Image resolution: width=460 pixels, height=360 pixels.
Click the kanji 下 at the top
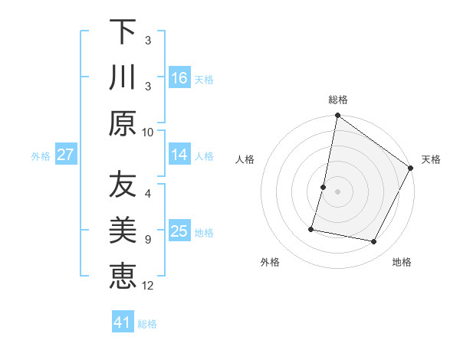[x=123, y=32]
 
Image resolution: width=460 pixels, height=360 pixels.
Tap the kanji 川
[x=123, y=77]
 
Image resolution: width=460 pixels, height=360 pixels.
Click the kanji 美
[x=123, y=231]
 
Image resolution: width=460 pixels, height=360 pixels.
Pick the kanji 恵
[x=123, y=276]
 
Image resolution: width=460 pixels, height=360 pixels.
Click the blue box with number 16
[x=179, y=78]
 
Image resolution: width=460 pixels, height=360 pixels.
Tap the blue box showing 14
[x=179, y=155]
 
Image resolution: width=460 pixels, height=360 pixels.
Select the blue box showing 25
[x=179, y=232]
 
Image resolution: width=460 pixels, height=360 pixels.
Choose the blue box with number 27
[x=65, y=155]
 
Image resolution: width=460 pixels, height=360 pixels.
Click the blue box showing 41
[x=123, y=322]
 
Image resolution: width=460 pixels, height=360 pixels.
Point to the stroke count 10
[x=149, y=131]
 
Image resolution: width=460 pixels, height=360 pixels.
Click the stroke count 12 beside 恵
[x=149, y=286]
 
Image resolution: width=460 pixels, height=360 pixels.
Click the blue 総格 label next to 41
[x=147, y=324]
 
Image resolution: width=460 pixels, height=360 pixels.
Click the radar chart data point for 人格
[x=324, y=187]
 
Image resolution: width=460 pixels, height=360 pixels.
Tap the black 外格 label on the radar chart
[x=270, y=262]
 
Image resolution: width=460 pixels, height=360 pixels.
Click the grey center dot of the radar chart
[x=337, y=191]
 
